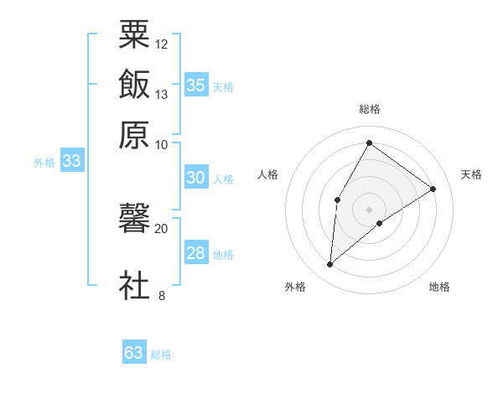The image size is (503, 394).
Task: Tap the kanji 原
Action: click(135, 135)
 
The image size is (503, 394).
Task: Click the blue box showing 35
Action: click(196, 86)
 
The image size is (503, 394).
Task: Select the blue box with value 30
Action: click(196, 178)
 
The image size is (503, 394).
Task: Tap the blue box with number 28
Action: click(196, 253)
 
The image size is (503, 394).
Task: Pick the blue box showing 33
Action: click(71, 162)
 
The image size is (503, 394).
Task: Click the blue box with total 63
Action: click(134, 353)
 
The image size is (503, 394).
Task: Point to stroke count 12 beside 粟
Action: click(162, 43)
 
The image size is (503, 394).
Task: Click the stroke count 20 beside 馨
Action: click(162, 227)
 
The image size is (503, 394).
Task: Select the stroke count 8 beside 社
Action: click(162, 294)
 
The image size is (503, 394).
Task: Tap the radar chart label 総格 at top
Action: click(370, 110)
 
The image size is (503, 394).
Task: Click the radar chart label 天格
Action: click(471, 174)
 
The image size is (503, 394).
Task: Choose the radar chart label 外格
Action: click(295, 287)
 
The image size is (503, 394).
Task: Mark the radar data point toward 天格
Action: click(433, 189)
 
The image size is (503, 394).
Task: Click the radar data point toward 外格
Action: click(330, 265)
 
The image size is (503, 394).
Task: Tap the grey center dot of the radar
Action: click(370, 209)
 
